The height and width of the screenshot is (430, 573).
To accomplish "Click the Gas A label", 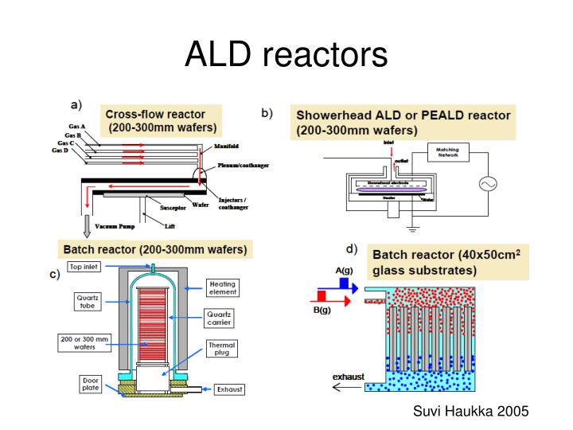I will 78,127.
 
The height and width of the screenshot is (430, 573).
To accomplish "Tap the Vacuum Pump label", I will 117,227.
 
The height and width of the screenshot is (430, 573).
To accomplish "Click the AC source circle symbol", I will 487,185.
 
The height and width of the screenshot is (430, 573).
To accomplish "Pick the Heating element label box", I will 223,287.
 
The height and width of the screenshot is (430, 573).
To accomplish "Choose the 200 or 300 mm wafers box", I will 85,342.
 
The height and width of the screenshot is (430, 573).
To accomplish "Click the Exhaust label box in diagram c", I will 228,389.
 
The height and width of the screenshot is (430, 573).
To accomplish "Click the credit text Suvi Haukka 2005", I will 471,411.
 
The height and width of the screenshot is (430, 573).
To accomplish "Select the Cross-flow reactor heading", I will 162,120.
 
